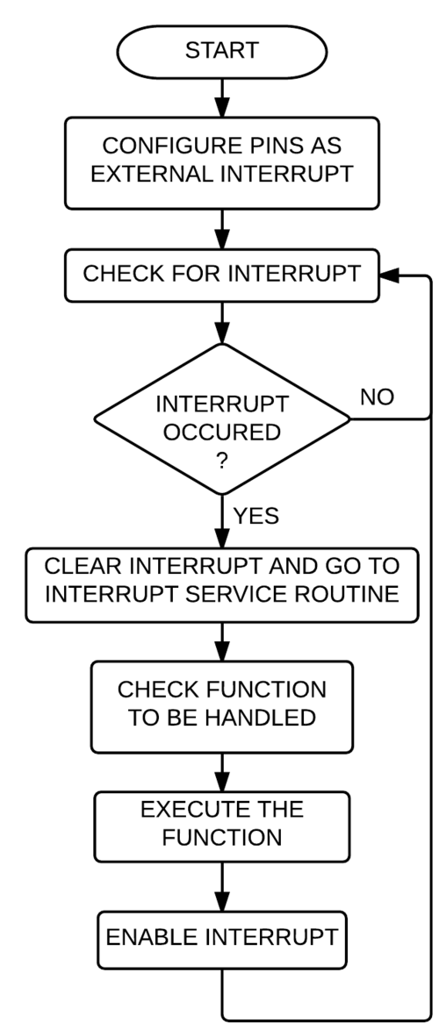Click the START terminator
[x=222, y=51]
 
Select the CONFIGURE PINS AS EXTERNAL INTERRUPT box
[x=222, y=163]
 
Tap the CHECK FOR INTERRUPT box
[x=222, y=275]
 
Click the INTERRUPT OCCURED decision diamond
[x=222, y=418]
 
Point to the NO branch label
[x=378, y=397]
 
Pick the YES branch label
[x=256, y=516]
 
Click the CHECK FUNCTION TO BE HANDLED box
[x=222, y=706]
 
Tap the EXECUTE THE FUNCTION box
[x=222, y=826]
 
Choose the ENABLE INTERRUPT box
[x=222, y=940]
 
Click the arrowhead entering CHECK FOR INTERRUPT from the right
[x=389, y=275]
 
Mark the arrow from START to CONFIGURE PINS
[x=222, y=98]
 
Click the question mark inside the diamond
[x=222, y=461]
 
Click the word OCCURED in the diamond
[x=222, y=433]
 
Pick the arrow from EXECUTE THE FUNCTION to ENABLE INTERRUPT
[x=222, y=887]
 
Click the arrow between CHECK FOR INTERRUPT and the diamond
[x=222, y=323]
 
